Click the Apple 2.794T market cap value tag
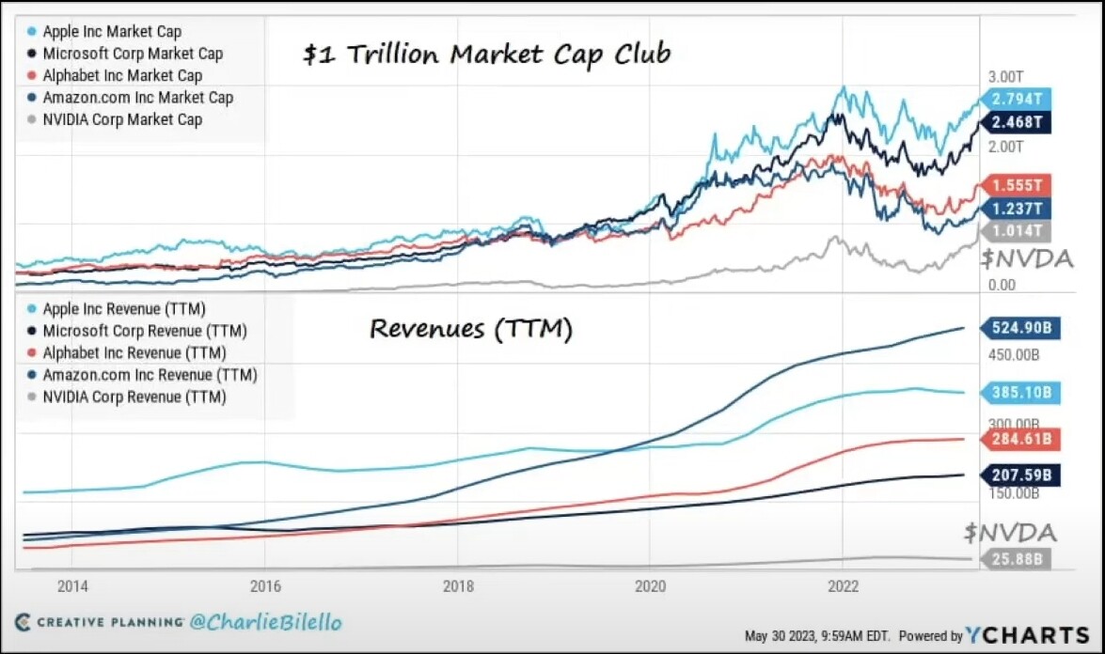1017,98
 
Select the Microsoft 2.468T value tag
1017,122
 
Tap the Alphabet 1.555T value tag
1017,185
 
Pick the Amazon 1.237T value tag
1017,209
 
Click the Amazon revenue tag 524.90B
1020,328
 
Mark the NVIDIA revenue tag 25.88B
1017,559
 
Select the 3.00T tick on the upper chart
1004,76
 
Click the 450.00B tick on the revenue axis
1012,355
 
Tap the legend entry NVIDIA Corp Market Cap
122,119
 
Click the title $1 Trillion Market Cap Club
486,54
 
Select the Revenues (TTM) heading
470,329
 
